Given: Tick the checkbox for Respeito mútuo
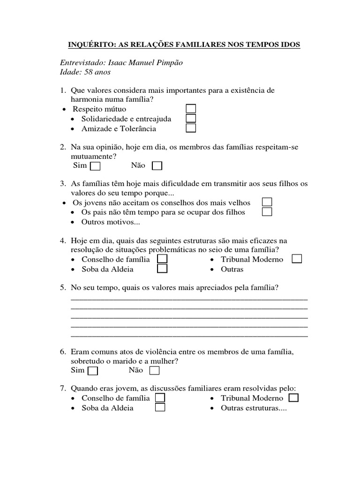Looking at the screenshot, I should tap(191, 109).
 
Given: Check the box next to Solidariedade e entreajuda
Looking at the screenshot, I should tap(191, 119).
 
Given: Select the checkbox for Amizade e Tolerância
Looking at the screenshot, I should tap(191, 128).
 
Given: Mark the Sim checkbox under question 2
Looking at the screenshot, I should tap(95, 166).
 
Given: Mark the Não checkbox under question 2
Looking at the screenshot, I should tap(157, 166).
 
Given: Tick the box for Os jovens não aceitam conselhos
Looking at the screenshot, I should tap(267, 202).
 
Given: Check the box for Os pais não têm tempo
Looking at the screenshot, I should tap(267, 212).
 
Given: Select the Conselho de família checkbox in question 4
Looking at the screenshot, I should tap(162, 259).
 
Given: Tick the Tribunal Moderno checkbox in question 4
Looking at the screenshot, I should tap(296, 259).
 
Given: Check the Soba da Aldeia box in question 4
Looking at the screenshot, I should tap(162, 269).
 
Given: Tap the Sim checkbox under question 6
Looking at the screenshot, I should tap(93, 371).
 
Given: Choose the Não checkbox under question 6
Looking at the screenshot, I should tap(155, 371).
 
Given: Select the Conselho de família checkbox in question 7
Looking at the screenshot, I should tap(160, 397).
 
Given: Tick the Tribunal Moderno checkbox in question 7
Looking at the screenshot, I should tap(293, 397).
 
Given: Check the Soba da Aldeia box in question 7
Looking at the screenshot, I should tap(160, 408).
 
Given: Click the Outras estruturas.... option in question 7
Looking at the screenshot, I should tap(254, 408).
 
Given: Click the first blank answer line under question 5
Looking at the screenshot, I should tap(189, 299).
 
